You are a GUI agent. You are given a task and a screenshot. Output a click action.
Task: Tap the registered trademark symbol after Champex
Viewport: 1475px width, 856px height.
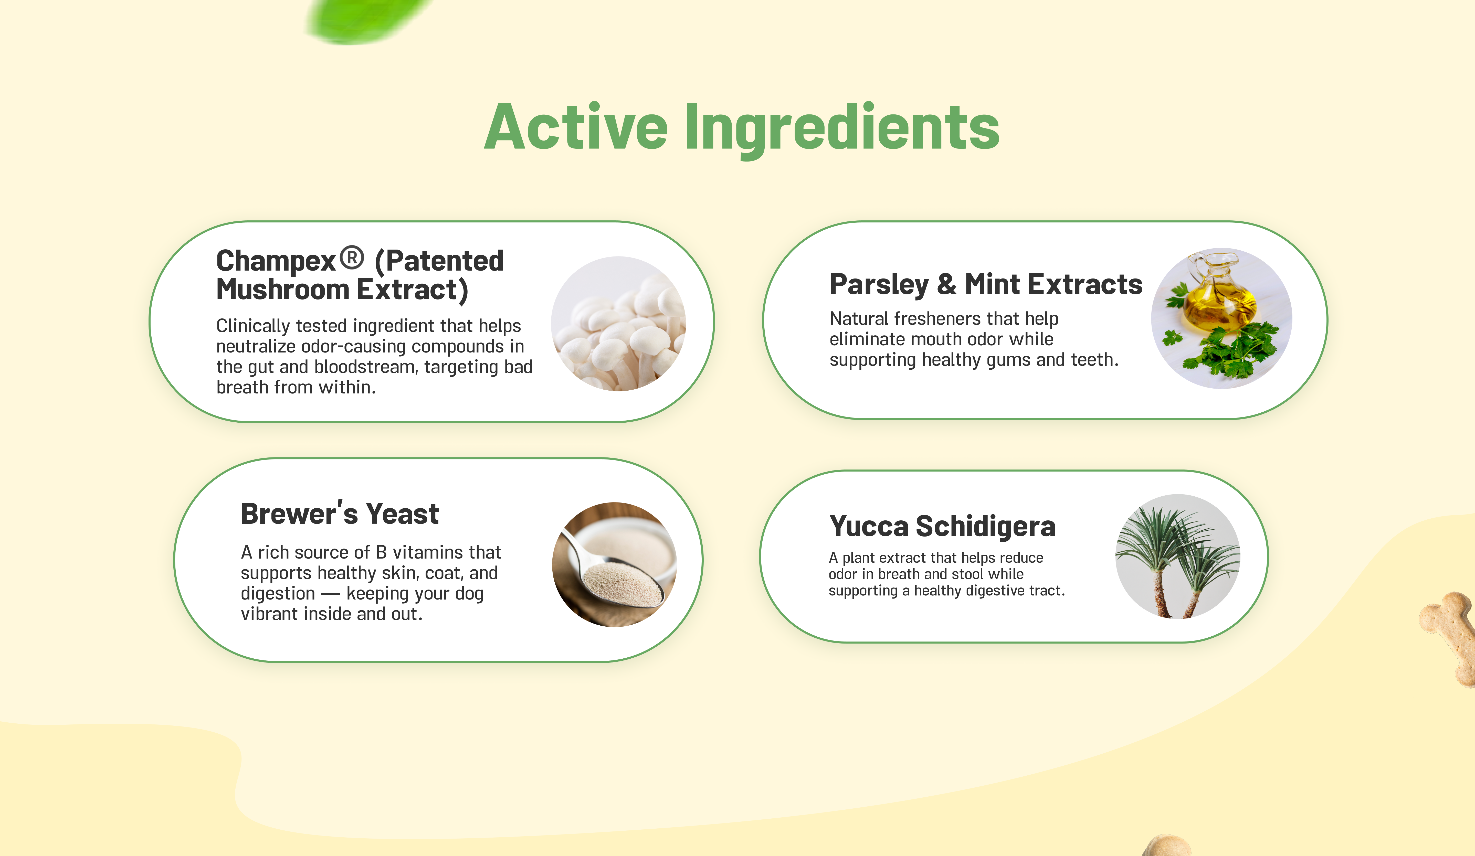(x=352, y=258)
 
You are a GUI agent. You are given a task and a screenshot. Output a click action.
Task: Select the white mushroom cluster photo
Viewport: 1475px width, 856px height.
(x=619, y=324)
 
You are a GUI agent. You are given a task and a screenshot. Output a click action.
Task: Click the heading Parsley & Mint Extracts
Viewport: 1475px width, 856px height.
(x=986, y=284)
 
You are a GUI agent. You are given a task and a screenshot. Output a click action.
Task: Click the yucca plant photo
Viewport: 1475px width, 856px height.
(x=1178, y=557)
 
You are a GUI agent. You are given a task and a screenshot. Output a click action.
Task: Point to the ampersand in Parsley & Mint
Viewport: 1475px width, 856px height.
(x=946, y=284)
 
